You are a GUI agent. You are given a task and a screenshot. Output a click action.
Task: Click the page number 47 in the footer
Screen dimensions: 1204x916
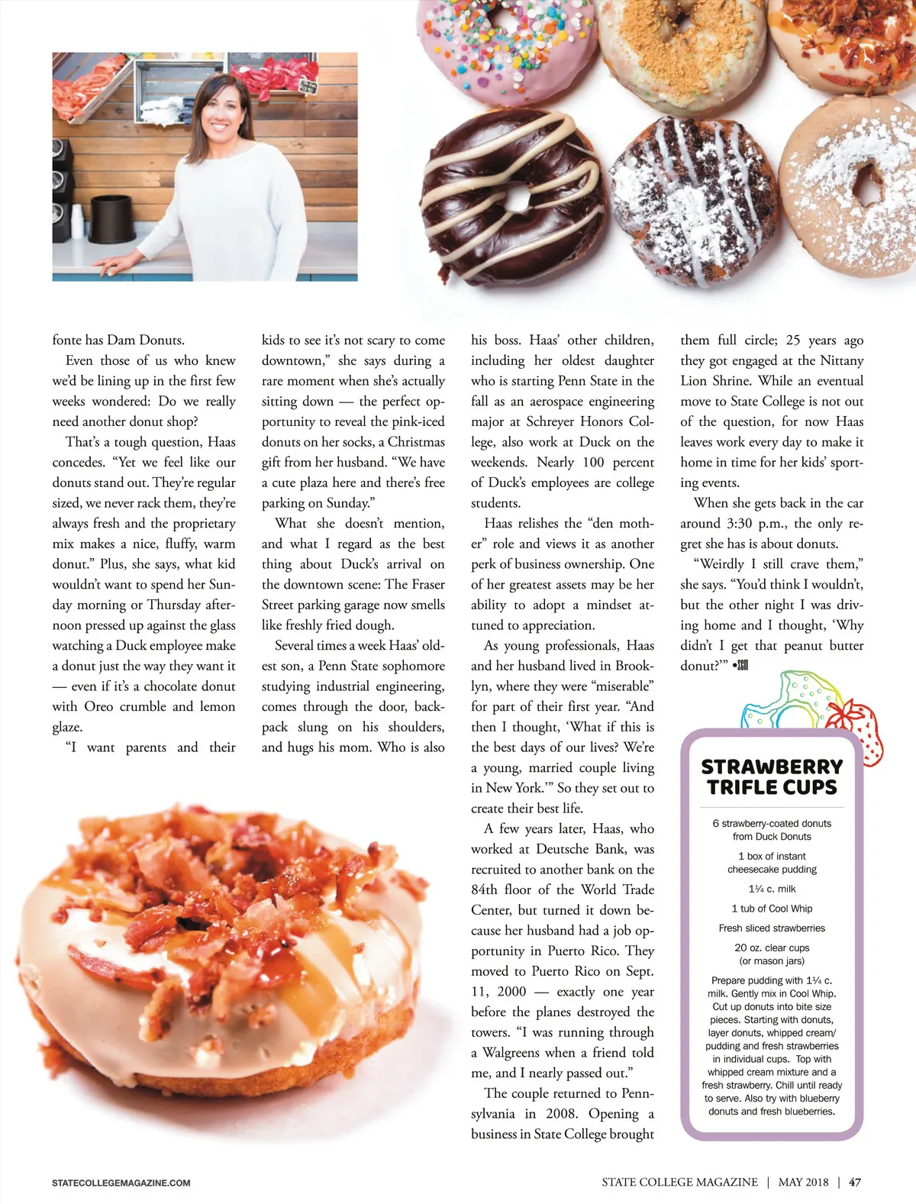click(x=855, y=1182)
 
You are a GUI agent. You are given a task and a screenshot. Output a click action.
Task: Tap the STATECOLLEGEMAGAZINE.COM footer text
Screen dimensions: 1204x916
click(x=121, y=1183)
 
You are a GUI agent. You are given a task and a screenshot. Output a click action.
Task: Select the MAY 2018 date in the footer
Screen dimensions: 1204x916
click(x=803, y=1182)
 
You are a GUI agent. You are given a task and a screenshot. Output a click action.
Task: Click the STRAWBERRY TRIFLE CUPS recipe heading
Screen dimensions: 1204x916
click(x=772, y=776)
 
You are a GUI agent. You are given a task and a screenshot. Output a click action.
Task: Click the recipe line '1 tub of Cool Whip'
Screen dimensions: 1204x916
click(x=772, y=909)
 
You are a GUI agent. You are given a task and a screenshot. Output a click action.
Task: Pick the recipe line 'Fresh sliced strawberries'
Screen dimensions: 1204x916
click(x=772, y=928)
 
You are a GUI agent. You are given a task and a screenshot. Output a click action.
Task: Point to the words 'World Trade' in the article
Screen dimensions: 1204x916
click(x=618, y=889)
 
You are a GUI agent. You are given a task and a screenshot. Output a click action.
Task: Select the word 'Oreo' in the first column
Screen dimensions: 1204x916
click(x=98, y=707)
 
